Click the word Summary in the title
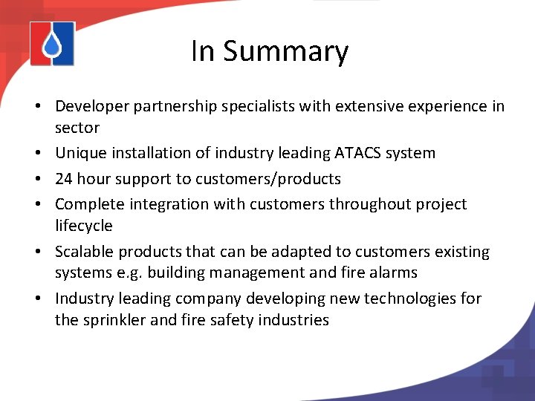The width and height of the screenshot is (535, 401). pyautogui.click(x=285, y=52)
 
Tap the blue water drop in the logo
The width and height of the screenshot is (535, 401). pyautogui.click(x=52, y=47)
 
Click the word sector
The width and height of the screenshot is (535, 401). pyautogui.click(x=77, y=128)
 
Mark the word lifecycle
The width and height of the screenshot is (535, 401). pyautogui.click(x=84, y=226)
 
